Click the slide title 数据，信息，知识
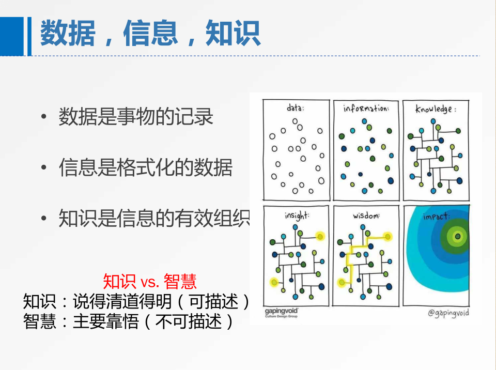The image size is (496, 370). click(150, 33)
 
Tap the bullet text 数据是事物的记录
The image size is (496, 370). click(136, 116)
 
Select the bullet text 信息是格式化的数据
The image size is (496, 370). click(146, 167)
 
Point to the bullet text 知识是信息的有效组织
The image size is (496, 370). click(154, 218)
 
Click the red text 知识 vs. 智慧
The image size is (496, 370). click(150, 281)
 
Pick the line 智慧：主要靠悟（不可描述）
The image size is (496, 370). click(129, 321)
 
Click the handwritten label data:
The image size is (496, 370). click(296, 108)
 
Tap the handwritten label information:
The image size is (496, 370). click(366, 108)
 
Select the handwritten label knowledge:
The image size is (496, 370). click(436, 109)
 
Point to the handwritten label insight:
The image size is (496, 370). click(297, 216)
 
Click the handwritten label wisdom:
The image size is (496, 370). click(366, 216)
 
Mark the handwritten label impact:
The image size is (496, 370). click(436, 217)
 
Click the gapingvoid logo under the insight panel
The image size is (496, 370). click(281, 313)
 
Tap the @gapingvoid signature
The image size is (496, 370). click(448, 313)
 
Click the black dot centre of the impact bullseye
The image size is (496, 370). click(457, 237)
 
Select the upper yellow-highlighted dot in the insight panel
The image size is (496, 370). click(320, 237)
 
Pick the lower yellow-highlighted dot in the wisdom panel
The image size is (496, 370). click(342, 282)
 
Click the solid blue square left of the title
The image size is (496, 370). click(12, 36)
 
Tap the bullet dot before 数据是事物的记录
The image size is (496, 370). click(43, 116)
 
